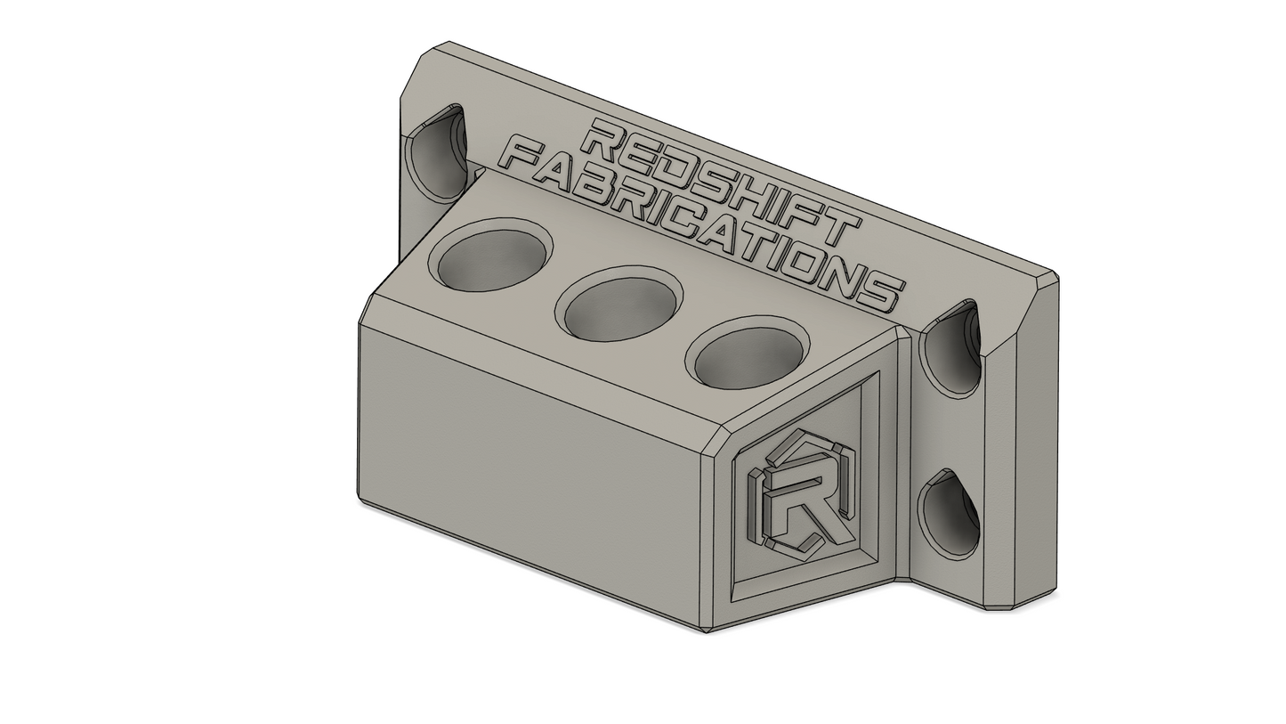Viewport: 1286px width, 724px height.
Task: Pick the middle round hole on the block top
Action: pyautogui.click(x=619, y=302)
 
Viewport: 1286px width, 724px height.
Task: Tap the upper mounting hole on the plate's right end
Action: pyautogui.click(x=949, y=346)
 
